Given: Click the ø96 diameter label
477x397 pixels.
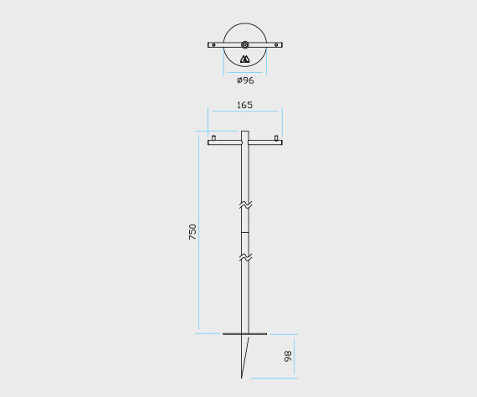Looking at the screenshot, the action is [245, 80].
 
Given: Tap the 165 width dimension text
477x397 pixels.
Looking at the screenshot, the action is [245, 105].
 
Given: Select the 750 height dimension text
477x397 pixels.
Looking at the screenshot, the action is [192, 232].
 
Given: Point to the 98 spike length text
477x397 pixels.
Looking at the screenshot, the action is [288, 356].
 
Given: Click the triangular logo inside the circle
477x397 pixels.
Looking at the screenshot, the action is [245, 59].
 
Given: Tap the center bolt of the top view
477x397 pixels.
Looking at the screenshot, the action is [245, 44].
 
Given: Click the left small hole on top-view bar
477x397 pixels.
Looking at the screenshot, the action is [213, 44].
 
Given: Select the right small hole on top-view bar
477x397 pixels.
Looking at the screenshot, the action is [276, 44].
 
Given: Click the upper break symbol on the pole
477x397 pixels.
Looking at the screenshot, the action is [245, 204].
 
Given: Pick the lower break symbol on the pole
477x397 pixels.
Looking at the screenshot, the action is [245, 258].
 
